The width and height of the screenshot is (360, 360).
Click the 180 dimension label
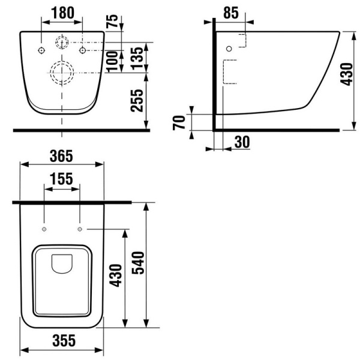(x=62, y=13)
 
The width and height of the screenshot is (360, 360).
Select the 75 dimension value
(x=112, y=22)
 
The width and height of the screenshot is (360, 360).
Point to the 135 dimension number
(x=137, y=58)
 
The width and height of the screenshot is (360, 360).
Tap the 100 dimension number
(x=112, y=62)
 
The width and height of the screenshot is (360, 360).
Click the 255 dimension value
(x=137, y=101)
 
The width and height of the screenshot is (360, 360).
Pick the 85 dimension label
(x=231, y=13)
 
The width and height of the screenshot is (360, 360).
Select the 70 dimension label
(x=179, y=122)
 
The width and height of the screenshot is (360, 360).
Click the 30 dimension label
(x=242, y=142)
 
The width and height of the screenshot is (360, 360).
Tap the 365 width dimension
(x=61, y=156)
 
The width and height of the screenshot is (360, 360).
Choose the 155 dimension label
(x=61, y=179)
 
